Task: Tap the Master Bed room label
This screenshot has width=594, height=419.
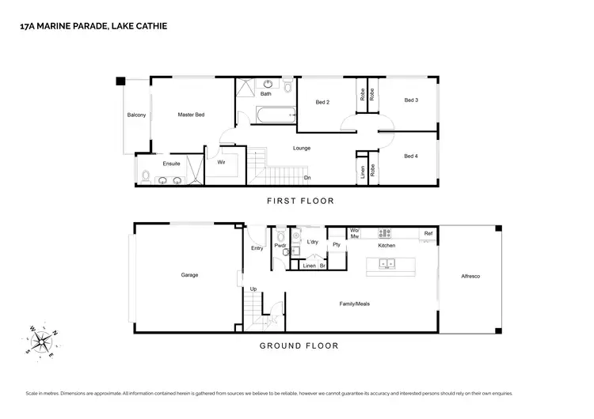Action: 191,115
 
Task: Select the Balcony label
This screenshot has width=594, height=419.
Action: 136,115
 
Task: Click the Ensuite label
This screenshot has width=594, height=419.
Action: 171,164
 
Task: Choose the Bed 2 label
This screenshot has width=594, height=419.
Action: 322,102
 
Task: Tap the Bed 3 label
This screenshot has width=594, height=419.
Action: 410,100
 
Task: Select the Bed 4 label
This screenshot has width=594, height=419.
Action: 410,156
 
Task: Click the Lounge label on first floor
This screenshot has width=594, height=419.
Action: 301,148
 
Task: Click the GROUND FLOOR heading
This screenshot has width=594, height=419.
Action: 299,345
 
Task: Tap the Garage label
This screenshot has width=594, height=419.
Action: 189,275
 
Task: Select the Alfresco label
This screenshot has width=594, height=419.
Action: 470,276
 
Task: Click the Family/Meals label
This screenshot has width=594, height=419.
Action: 354,304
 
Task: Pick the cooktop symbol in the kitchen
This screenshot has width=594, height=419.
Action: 386,233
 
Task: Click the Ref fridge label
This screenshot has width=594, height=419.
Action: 428,233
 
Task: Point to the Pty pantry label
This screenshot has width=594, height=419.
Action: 337,245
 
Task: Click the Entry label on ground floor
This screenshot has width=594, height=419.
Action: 257,248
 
